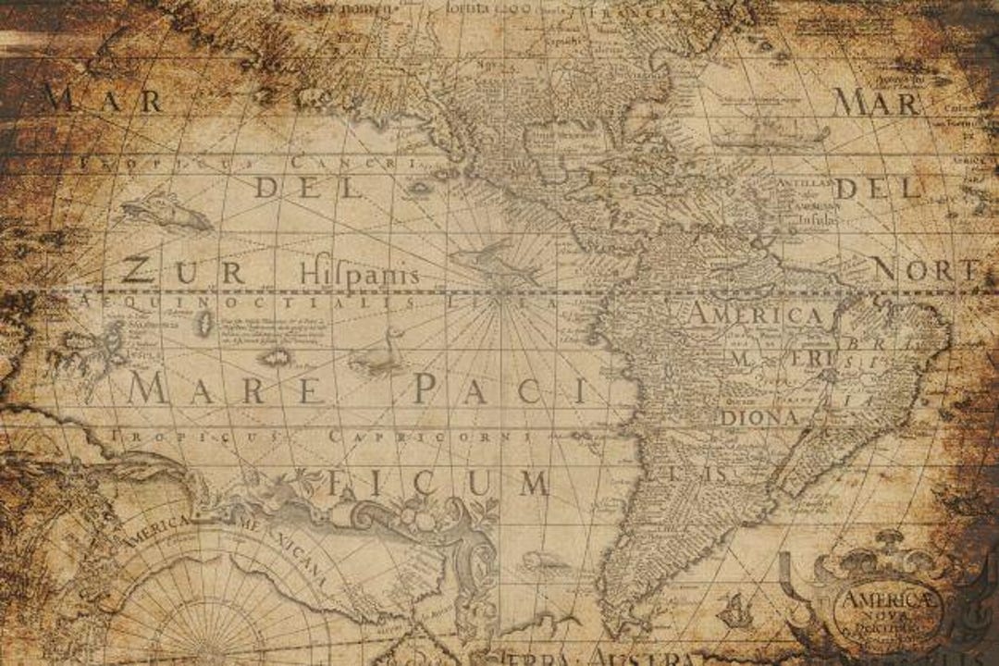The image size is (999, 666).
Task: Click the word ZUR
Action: (183, 272)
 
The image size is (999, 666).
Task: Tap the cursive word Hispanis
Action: (359, 275)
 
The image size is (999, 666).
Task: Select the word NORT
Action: (925, 270)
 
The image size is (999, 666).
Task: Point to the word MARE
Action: (226, 389)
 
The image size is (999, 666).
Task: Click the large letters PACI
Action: (499, 390)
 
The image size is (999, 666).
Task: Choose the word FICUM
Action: (439, 483)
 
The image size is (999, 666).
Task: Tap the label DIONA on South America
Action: (759, 417)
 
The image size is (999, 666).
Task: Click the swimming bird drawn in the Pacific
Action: (382, 353)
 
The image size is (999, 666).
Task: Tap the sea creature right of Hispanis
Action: (495, 263)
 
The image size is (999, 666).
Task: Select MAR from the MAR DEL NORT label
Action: (874, 102)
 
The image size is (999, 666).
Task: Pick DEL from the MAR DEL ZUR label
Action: (309, 188)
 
